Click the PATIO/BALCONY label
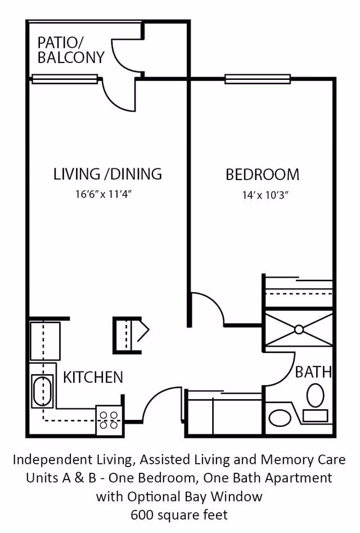tap(71, 50)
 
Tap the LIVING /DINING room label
tap(107, 174)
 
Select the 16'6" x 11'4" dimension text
tap(107, 195)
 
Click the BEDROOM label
tap(262, 174)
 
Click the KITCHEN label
tap(93, 377)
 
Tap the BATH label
tap(313, 372)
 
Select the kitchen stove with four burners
tap(109, 419)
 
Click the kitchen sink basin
tap(43, 391)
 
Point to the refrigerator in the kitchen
tap(45, 341)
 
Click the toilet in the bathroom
tap(316, 395)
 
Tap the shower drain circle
tap(299, 329)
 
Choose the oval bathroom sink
tap(280, 418)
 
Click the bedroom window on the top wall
tap(258, 79)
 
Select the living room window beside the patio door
tap(65, 79)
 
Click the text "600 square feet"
tap(179, 514)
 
